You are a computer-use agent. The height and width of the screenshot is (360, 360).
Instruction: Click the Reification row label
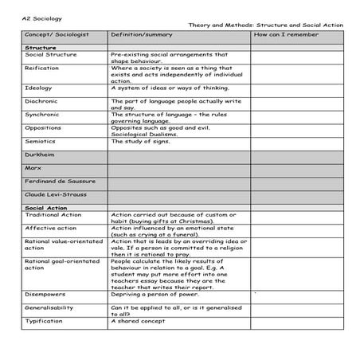[x=41, y=69]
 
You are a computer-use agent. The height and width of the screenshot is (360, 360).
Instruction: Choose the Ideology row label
[x=38, y=87]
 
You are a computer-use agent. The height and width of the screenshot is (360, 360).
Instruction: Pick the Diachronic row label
[x=41, y=100]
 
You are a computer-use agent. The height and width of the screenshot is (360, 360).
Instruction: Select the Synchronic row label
[x=42, y=114]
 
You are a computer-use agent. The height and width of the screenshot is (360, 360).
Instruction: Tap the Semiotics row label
[x=40, y=140]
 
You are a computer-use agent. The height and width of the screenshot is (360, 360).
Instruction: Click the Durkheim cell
[x=39, y=154]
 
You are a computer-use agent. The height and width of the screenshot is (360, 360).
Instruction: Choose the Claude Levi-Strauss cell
[x=54, y=194]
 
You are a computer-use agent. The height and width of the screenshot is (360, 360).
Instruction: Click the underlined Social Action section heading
[x=46, y=207]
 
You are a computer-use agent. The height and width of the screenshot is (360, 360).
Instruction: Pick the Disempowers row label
[x=45, y=293]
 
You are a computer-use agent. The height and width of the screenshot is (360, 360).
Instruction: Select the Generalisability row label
[x=51, y=307]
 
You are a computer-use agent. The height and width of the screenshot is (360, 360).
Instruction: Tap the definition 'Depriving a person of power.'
[x=153, y=293]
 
